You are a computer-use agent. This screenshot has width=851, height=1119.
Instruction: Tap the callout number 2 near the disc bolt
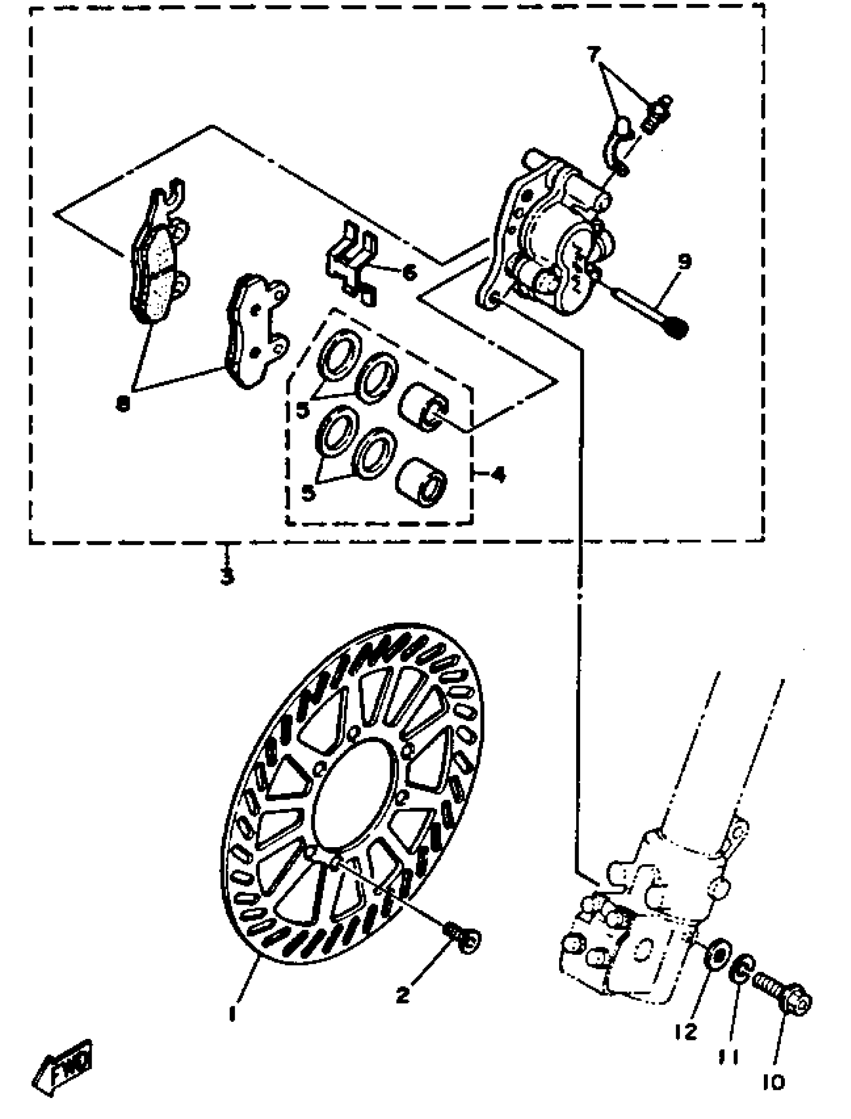click(402, 995)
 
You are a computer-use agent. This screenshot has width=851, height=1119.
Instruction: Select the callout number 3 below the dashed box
click(227, 575)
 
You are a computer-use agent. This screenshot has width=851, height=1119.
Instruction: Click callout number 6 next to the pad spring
click(409, 273)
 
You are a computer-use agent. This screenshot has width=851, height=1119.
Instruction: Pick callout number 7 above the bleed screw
click(594, 54)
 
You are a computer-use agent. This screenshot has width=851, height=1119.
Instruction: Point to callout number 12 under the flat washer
click(686, 1031)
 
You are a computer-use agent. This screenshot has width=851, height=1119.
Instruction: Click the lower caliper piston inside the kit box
click(421, 482)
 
